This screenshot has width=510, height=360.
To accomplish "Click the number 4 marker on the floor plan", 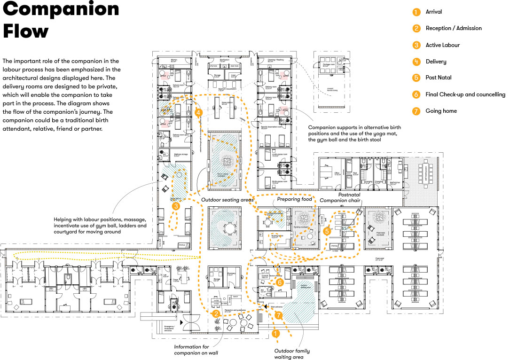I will pos(199,113).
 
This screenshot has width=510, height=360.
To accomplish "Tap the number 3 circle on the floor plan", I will pos(176,206).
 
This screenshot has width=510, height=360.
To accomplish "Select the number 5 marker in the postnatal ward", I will pos(327,231).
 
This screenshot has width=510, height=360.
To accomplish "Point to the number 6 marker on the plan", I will pos(279,282).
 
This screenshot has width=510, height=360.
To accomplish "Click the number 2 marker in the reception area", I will pos(216,313).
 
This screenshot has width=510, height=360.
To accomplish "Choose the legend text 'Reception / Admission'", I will pos(453,28).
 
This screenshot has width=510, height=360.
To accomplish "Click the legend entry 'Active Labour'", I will pos(442,45).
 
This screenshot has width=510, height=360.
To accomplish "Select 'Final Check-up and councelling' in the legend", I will pos(465,94).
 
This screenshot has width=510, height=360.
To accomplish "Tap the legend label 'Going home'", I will pos(441,111).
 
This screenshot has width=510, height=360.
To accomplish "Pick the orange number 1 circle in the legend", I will pos(416,12).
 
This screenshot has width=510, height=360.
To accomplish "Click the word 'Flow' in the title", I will pos(26,31).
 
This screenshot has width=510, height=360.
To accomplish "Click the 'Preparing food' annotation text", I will pos(295,199).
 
